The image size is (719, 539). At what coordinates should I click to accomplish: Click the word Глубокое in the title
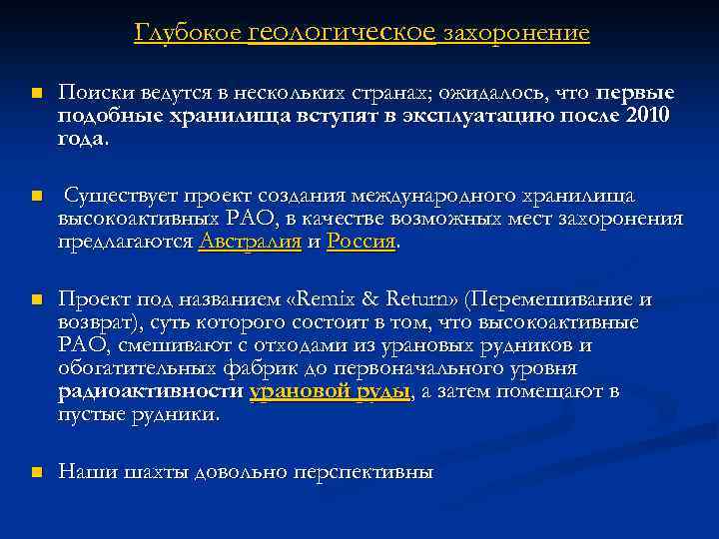coord(186,34)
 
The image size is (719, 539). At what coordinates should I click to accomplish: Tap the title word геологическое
coord(342,33)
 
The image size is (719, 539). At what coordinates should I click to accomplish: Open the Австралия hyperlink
coord(250,242)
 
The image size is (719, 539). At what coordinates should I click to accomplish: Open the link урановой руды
coord(330,392)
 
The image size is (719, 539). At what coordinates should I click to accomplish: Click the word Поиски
coord(91,93)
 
